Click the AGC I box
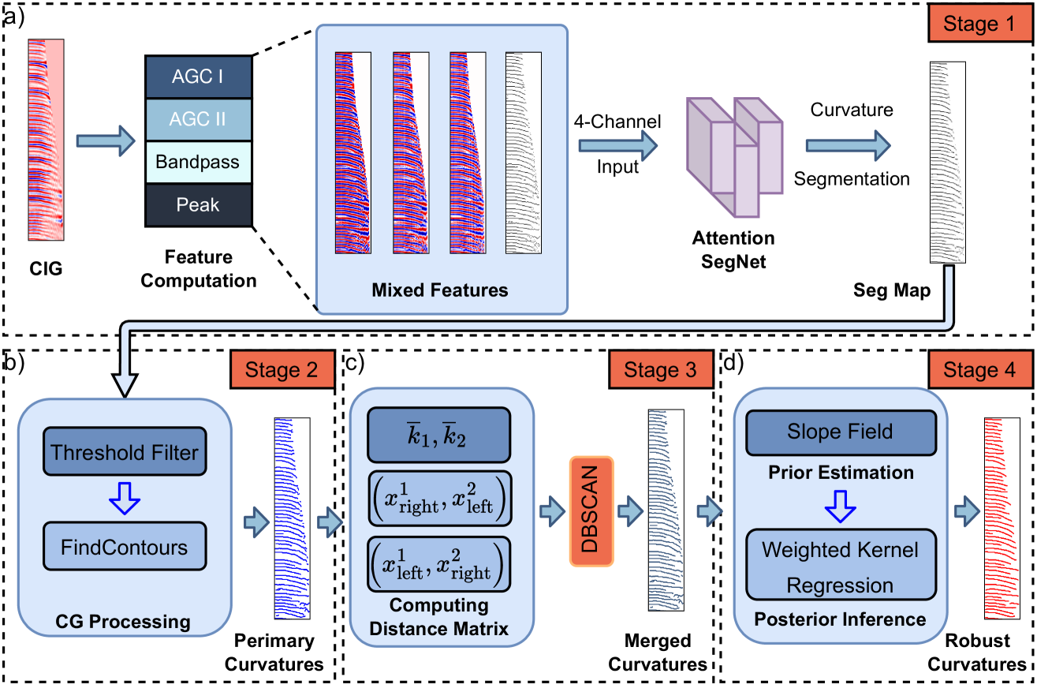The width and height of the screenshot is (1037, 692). (x=198, y=78)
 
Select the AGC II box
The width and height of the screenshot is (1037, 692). (x=198, y=120)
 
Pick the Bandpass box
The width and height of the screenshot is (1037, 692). (x=198, y=163)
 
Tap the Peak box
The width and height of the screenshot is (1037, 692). (x=198, y=205)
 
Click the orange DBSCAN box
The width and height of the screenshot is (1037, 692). (x=591, y=511)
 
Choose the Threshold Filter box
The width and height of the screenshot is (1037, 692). (x=125, y=452)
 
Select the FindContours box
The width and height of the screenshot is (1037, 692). (x=125, y=546)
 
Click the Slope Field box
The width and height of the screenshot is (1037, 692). (x=840, y=432)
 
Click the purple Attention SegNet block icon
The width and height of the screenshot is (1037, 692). (x=733, y=157)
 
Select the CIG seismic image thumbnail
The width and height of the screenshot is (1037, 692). (x=46, y=140)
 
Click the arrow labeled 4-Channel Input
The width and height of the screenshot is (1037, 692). (x=617, y=146)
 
